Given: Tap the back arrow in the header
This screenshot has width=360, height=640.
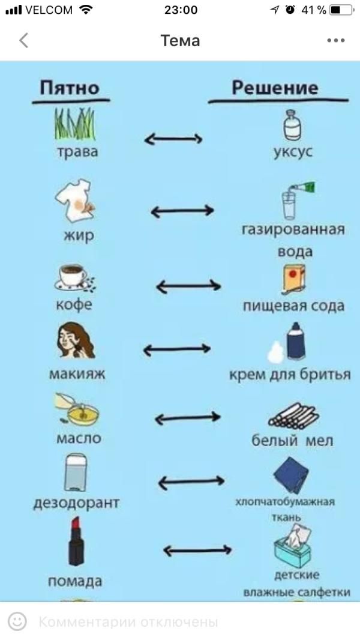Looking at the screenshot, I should pos(23,41).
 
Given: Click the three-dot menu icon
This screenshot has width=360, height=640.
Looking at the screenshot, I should pos(336,41).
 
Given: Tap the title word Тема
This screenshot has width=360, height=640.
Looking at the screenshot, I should pos(180,41).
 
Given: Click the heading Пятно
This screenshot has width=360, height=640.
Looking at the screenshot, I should pos(69,88).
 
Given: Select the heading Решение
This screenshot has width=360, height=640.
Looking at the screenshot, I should pos(275,88).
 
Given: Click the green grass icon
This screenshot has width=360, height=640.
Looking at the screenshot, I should pos(76,124).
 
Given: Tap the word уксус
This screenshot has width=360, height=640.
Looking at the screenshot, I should pos(292,151).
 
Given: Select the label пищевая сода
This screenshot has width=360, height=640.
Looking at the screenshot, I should pos(293,306).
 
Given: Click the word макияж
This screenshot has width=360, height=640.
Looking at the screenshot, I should pos(77,374).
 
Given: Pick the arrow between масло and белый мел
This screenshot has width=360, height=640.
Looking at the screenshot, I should pos(188,418).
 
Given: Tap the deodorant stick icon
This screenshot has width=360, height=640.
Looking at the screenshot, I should pos(74,472).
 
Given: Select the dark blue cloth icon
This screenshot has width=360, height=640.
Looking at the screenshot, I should pos(291,474).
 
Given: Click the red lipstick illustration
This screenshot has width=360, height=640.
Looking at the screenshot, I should pos(76,542).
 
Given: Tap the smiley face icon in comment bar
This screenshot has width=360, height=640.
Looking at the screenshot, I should pos(18,621).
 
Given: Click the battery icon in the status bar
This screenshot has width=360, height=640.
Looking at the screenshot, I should pos(341,10).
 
